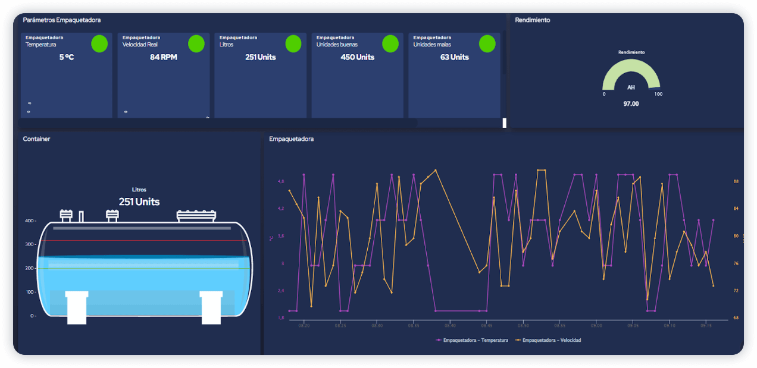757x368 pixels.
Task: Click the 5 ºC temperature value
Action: click(x=66, y=57)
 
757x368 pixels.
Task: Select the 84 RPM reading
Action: click(x=163, y=57)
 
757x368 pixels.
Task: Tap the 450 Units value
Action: click(x=357, y=57)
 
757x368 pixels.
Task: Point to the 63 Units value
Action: click(x=454, y=57)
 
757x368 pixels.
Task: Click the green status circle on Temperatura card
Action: click(x=99, y=43)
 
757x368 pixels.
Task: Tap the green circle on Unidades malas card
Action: click(x=487, y=43)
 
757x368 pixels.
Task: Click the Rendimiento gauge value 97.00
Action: click(x=631, y=103)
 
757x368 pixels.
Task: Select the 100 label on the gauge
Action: click(x=658, y=94)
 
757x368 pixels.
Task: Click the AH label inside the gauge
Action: click(x=631, y=87)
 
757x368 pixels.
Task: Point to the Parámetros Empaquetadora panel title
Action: click(x=62, y=20)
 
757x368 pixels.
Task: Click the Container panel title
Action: click(x=36, y=139)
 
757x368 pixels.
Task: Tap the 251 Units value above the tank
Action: click(x=139, y=202)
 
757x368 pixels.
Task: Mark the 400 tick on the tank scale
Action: click(x=30, y=221)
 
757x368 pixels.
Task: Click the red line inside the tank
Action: click(x=143, y=241)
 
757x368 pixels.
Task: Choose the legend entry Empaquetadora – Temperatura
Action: click(x=473, y=340)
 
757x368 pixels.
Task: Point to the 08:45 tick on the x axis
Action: click(x=487, y=326)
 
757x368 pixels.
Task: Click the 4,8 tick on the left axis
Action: click(x=281, y=181)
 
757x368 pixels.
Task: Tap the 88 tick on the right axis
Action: click(x=736, y=181)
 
